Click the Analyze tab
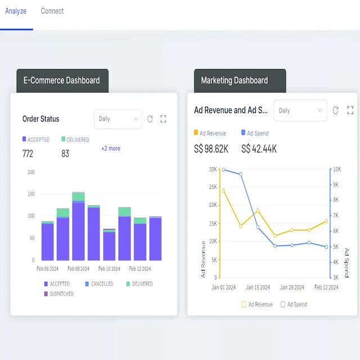pos(16,11)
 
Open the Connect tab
pos(52,11)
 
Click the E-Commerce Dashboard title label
pos(62,80)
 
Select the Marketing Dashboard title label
pos(235,80)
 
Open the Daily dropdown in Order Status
pos(118,119)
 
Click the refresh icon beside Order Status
pos(150,119)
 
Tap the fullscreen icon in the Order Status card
pos(164,119)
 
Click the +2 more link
pos(110,148)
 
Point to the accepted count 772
pos(28,154)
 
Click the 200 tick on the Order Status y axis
pos(30,172)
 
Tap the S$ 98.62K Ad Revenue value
pos(211,149)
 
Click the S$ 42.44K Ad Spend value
pos(259,149)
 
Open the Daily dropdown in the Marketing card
pos(300,111)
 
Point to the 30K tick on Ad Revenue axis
pos(213,169)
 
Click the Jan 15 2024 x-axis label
pos(258,287)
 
